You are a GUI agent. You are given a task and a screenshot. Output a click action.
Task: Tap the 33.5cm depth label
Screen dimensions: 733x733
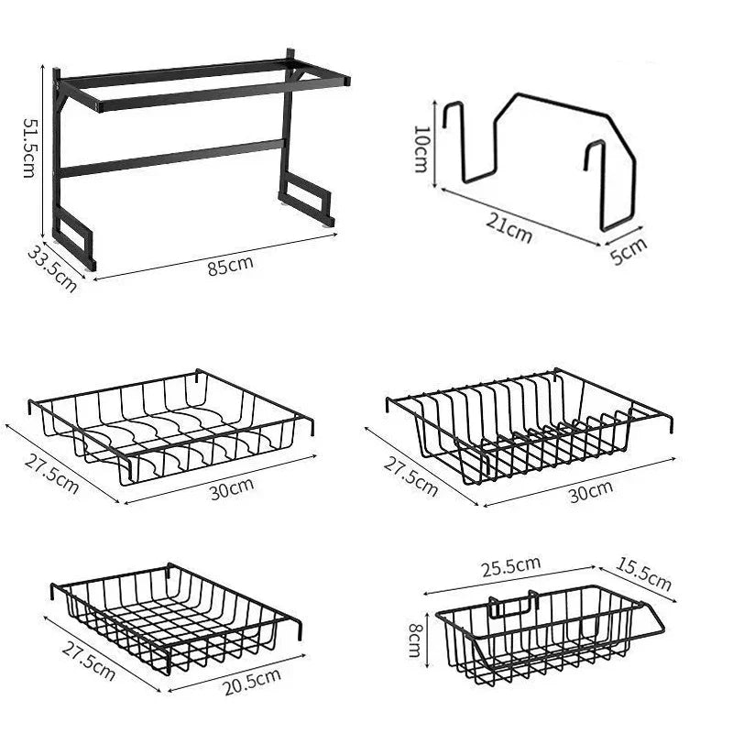coord(51,268)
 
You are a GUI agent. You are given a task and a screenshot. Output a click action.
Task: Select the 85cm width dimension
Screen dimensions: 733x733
coord(230,267)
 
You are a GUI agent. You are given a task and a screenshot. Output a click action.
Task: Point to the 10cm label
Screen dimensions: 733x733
coord(421,148)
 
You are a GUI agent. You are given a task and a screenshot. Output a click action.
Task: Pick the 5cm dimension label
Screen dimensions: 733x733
coord(629,250)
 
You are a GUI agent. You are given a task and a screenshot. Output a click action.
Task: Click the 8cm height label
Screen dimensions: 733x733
coord(415,633)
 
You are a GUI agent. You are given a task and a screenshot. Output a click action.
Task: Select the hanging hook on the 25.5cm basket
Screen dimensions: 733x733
coord(513,606)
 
